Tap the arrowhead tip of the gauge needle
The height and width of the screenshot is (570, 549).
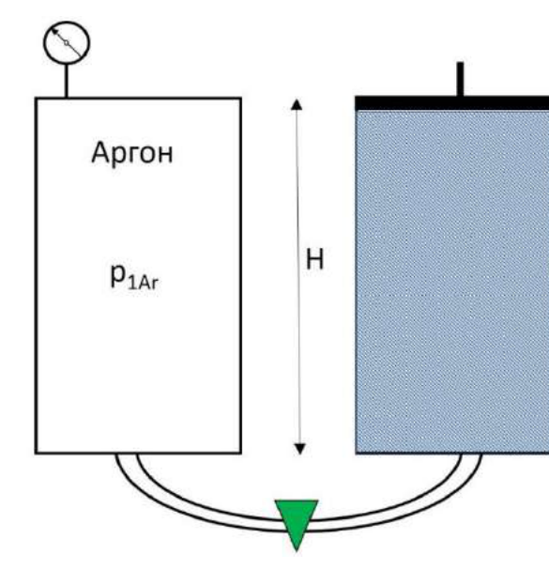coord(52,29)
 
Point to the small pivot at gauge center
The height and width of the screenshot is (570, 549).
coord(67,43)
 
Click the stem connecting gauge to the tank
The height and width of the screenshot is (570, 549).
coord(66,81)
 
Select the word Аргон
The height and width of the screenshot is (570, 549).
coord(132,153)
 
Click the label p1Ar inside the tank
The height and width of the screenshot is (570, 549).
coord(134,277)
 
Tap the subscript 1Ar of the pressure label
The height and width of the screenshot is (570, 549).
coord(143,284)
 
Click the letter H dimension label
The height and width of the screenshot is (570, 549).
coord(314,259)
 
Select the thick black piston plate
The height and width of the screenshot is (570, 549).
coord(451,103)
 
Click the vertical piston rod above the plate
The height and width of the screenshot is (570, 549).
coord(460,79)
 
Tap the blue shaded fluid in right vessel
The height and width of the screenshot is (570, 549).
coord(452,282)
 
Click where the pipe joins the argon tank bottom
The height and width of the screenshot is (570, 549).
coord(127,454)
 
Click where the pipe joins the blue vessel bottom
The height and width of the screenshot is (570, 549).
coord(471,454)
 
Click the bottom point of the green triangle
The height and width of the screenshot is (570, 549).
coord(297,551)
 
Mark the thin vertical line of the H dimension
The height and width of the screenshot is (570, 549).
coord(298,277)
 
